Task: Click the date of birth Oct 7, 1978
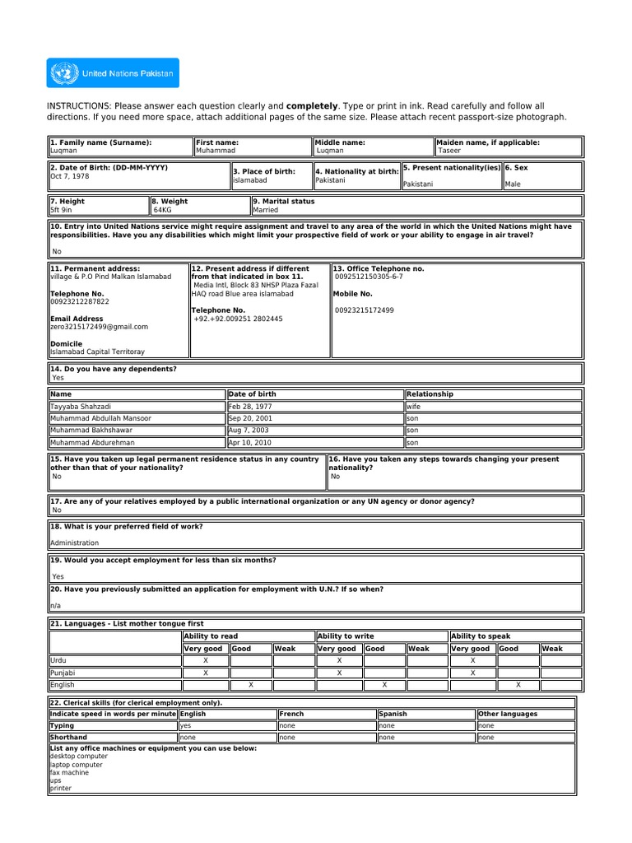pos(69,176)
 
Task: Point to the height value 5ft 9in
pos(62,210)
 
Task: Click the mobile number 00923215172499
pos(365,310)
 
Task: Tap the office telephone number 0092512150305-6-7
pos(369,277)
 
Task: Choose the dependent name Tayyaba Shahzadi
pos(81,407)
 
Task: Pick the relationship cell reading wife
pos(413,407)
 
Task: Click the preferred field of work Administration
pos(74,543)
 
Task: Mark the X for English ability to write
pos(384,684)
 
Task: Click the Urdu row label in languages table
pos(58,661)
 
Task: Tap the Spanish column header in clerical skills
pos(393,714)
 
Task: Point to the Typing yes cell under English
pos(185,726)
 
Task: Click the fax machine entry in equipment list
pos(70,772)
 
